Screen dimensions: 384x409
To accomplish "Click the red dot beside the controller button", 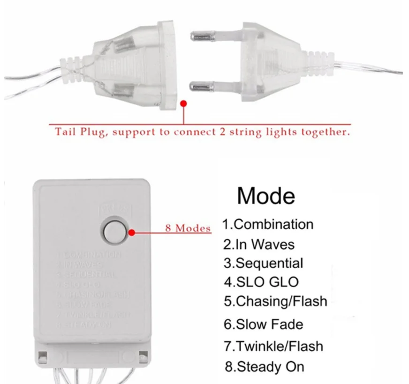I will tap(132, 231).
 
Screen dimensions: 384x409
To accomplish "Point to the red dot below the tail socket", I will tap(183, 103).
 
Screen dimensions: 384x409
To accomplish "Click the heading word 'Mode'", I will tap(266, 195).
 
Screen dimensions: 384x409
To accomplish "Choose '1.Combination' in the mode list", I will tap(268, 224).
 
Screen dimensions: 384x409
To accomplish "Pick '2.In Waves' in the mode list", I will tap(259, 245).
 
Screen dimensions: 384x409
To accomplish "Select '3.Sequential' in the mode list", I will tap(263, 263).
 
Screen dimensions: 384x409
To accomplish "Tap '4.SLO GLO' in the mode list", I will tap(261, 282).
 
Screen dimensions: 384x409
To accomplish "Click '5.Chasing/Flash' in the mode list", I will tap(275, 301).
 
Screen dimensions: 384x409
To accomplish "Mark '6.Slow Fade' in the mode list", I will tap(263, 324).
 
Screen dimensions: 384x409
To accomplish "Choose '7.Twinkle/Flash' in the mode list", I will tap(273, 346).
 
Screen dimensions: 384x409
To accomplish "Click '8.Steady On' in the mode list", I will tap(264, 367).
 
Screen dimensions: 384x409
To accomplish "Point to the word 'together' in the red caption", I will tap(326, 132).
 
